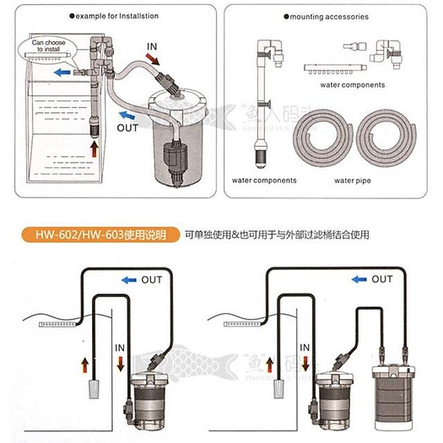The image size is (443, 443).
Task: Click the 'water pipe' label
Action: pos(354,180)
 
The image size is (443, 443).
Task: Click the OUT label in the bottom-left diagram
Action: pos(151,279)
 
